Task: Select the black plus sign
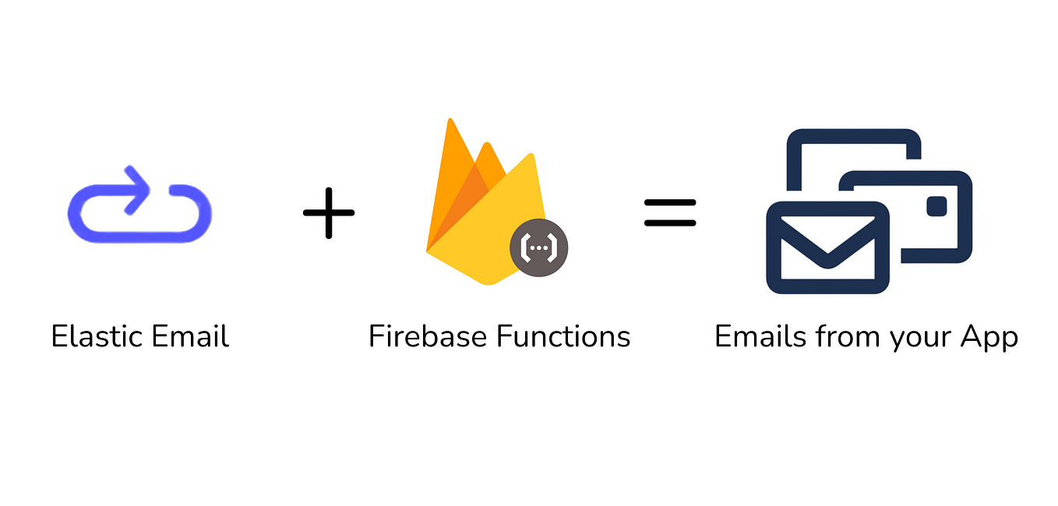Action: [329, 212]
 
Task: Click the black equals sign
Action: [670, 212]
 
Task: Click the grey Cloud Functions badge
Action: [538, 248]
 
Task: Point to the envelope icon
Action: [827, 248]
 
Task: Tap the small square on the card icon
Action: [936, 206]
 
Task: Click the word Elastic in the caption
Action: [97, 337]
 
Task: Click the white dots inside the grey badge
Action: [538, 248]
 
